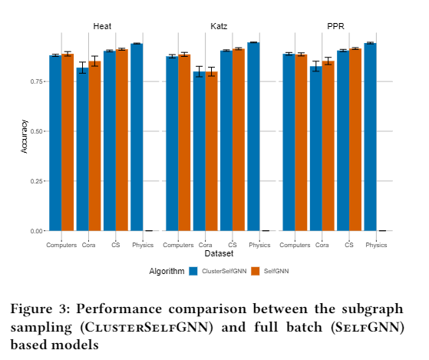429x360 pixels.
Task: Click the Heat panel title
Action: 102,26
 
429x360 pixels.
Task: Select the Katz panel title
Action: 219,26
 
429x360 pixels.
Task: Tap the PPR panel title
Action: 335,26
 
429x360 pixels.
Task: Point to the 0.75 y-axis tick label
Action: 36,81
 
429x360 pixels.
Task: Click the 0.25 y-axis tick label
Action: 36,181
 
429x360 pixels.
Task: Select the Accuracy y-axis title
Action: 24,136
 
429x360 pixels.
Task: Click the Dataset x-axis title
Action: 219,253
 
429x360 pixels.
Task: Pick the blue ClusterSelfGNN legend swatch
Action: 193,271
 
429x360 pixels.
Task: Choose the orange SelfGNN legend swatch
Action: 255,271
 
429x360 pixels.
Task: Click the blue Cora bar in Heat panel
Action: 82,149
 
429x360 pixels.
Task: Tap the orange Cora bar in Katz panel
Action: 212,151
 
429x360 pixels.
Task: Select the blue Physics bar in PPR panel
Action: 370,137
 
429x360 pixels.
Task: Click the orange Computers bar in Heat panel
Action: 68,142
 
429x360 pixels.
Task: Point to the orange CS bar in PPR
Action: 355,140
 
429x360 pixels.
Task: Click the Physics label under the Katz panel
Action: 259,245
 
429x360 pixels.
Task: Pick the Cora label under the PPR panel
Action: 322,245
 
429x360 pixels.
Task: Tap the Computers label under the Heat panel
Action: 61,245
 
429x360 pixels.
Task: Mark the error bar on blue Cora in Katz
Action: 200,71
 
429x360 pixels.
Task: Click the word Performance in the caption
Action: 119,309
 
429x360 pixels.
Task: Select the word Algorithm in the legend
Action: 167,272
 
